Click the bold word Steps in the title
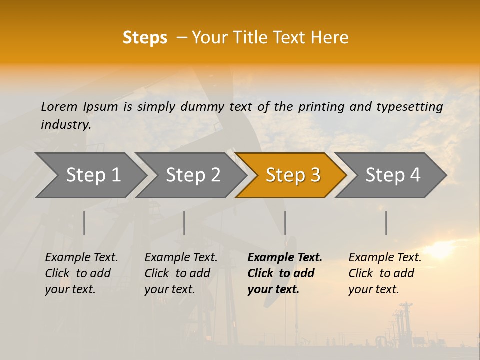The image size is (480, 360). (145, 38)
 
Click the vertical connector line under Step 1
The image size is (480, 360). (84, 223)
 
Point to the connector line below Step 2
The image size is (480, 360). (184, 223)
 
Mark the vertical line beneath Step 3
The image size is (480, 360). (285, 223)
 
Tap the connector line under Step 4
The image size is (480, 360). (386, 223)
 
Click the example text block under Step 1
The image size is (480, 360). (81, 273)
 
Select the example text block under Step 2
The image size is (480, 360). (181, 273)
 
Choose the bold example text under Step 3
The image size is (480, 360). (285, 273)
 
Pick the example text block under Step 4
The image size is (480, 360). (385, 273)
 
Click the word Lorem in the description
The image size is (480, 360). (59, 106)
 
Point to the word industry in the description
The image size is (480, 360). (66, 125)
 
